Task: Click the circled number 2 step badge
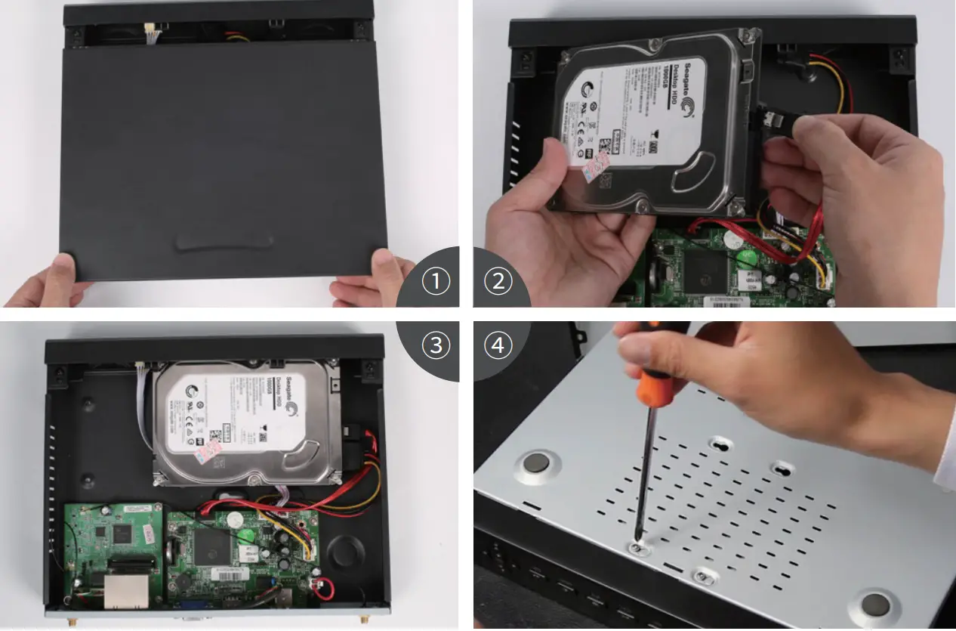pyautogui.click(x=498, y=282)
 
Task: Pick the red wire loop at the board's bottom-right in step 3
pyautogui.click(x=324, y=588)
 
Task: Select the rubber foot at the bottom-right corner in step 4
pyautogui.click(x=874, y=604)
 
